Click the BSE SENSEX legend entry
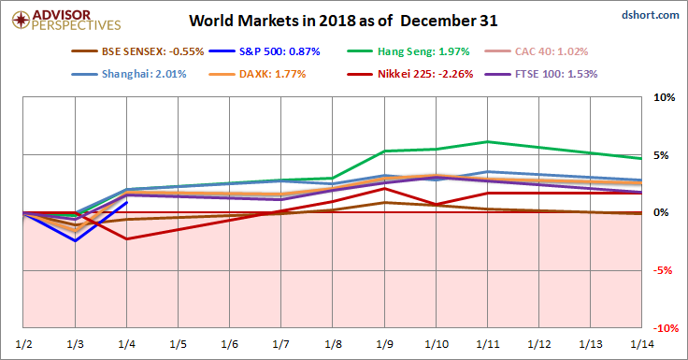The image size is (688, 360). (137, 51)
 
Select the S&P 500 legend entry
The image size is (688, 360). (265, 51)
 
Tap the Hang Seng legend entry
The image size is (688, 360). (408, 51)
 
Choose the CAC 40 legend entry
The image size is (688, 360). (537, 51)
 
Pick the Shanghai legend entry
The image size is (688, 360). (129, 74)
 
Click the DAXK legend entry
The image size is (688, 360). (257, 74)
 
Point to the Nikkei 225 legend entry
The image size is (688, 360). (409, 74)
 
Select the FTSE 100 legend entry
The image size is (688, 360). (541, 74)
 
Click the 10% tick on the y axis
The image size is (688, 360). (665, 97)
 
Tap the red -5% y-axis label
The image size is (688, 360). (663, 270)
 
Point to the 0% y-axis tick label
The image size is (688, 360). (661, 212)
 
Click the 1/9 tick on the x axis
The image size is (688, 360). (385, 344)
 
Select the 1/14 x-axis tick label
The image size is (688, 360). (642, 344)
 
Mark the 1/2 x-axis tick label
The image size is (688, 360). (23, 344)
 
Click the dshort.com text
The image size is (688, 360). (651, 15)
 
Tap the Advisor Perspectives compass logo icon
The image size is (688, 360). (21, 20)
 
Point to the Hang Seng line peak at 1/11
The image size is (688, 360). (487, 141)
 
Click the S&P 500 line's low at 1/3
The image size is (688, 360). (76, 241)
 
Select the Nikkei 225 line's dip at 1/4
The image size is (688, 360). (127, 238)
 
